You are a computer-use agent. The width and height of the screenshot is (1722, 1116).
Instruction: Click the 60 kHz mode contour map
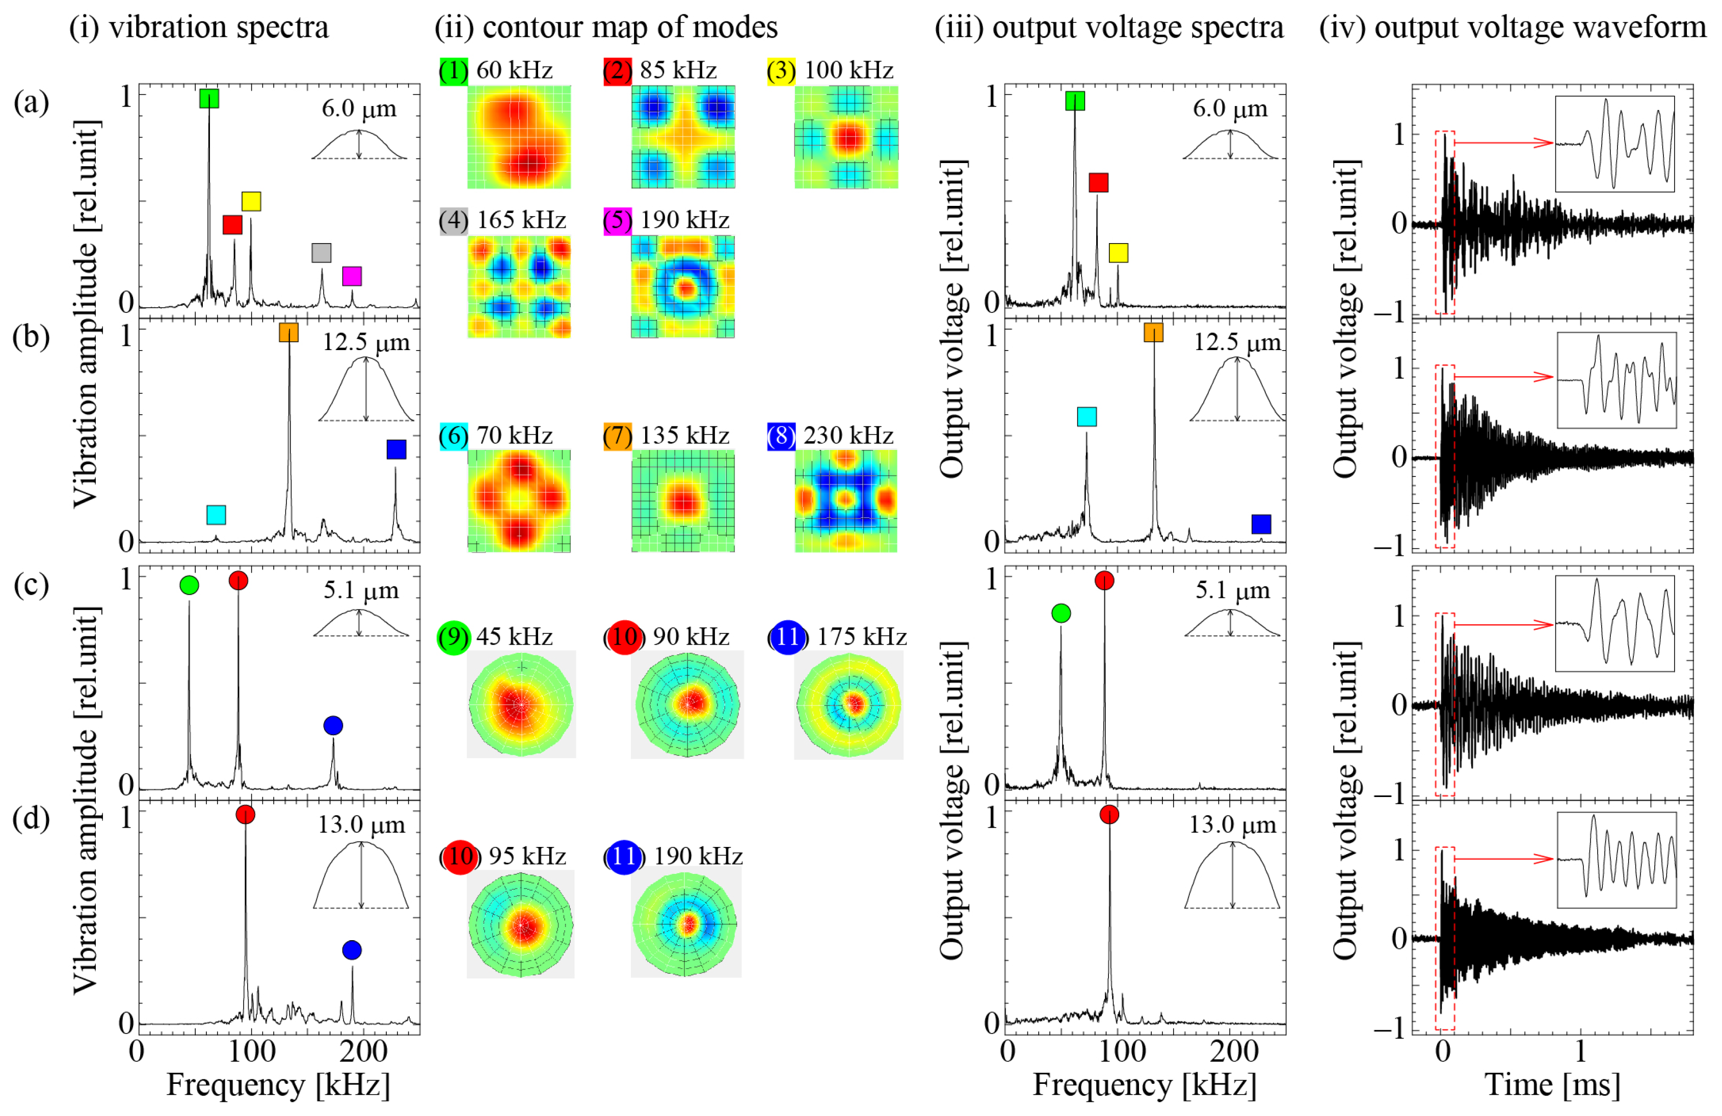tap(519, 137)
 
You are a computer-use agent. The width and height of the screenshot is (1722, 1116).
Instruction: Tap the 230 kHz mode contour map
tap(846, 500)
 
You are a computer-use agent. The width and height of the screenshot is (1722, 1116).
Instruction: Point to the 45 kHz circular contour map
tap(521, 704)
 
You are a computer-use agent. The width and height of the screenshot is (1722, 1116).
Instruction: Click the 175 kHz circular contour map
tap(849, 704)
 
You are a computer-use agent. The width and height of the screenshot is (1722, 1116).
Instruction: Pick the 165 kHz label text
tap(521, 220)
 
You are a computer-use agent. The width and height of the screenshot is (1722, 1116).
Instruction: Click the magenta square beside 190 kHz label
tap(617, 220)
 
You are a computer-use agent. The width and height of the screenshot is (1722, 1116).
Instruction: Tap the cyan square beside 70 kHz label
tap(454, 435)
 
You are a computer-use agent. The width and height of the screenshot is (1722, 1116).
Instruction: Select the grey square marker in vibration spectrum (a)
tap(321, 252)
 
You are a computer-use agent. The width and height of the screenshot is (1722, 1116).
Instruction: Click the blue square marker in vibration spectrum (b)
tap(396, 449)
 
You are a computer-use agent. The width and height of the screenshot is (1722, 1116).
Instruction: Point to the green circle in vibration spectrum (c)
tap(189, 585)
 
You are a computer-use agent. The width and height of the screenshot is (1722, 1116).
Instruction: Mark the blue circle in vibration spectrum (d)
tap(352, 950)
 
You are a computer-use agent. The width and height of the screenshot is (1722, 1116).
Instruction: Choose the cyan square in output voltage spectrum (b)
tap(1087, 417)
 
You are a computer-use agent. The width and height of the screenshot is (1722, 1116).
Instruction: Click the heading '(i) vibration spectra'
tap(199, 28)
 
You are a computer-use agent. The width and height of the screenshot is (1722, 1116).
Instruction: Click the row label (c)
tap(31, 585)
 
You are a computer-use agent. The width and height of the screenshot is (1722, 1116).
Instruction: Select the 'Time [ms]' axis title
tap(1552, 1085)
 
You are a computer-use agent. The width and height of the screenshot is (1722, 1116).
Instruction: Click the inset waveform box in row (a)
tap(1614, 144)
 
